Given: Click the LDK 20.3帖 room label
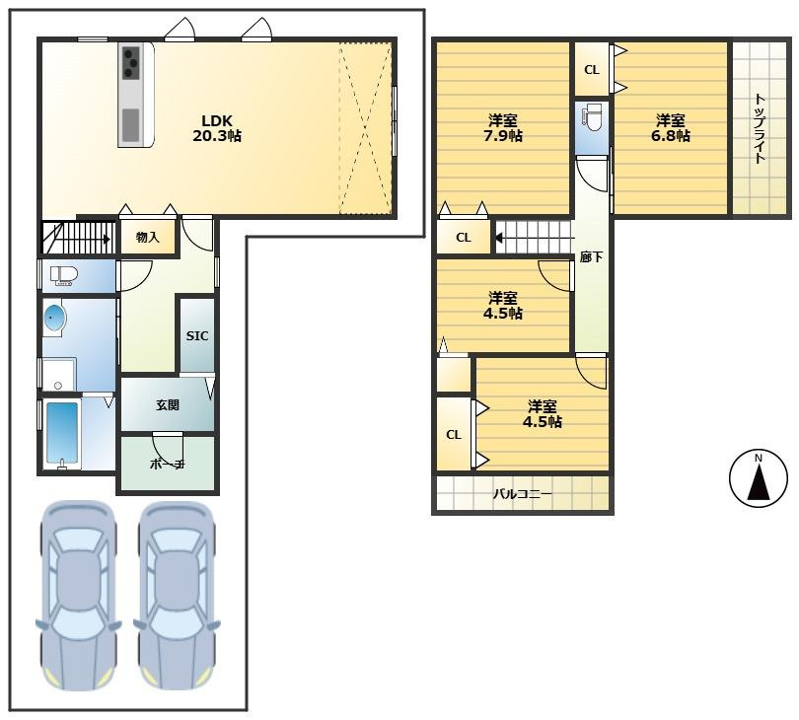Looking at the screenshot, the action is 217,128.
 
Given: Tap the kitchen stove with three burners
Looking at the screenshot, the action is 131,63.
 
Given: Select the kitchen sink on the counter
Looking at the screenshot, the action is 130,125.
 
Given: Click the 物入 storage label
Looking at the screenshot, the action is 148,237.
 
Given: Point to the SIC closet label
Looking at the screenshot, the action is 197,335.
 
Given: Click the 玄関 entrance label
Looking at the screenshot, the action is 168,405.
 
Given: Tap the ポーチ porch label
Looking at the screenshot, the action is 167,465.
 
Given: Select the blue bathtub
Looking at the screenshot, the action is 63,433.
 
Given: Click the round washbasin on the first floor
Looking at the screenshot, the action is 54,319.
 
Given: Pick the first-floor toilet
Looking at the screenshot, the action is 64,275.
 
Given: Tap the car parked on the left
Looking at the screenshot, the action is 78,595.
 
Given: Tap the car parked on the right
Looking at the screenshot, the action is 177,595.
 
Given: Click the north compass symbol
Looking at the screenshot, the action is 759,478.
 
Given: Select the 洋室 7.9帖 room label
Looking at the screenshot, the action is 503,128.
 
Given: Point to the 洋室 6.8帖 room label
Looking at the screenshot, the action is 671,128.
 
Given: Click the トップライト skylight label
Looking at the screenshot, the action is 760,128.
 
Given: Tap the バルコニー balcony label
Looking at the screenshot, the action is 522,494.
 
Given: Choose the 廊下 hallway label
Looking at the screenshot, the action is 591,257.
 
